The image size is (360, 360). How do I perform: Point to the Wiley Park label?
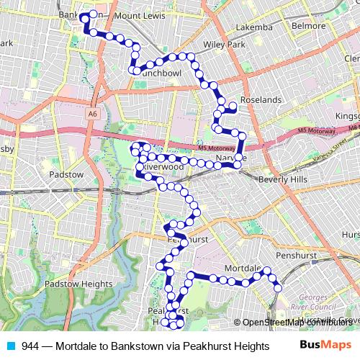pos(224,45)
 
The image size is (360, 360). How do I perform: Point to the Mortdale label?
pos(241,268)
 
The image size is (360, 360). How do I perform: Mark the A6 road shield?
pos(93,113)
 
